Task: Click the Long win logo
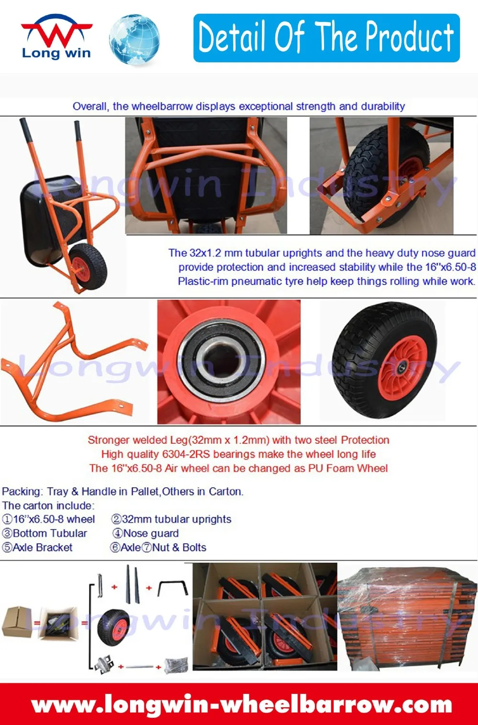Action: pyautogui.click(x=56, y=38)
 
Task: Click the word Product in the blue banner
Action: pyautogui.click(x=409, y=38)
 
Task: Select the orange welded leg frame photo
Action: pyautogui.click(x=72, y=363)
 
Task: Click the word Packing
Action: pyautogui.click(x=22, y=491)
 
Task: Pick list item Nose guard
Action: pyautogui.click(x=151, y=533)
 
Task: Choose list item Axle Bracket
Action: pyautogui.click(x=43, y=548)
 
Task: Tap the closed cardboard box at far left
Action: pyautogui.click(x=17, y=622)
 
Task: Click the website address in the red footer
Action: pyautogui.click(x=241, y=704)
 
